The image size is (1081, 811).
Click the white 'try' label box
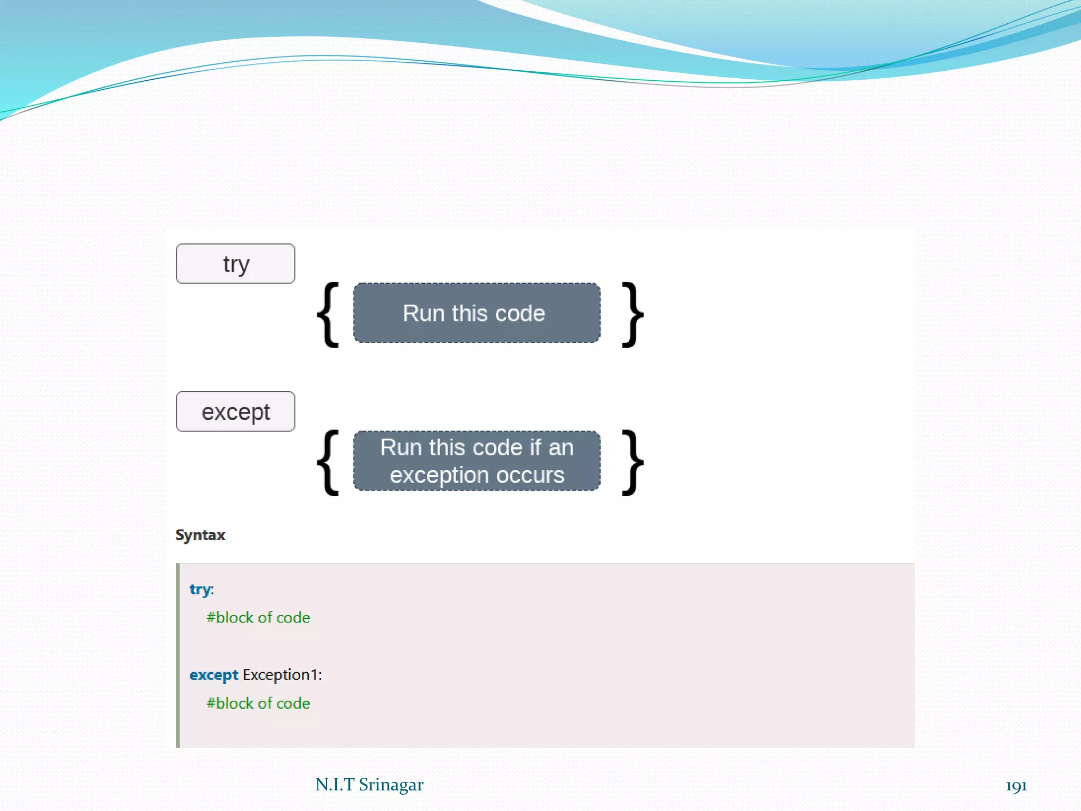tap(235, 263)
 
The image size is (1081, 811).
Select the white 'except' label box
tap(235, 411)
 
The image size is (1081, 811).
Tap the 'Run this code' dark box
tap(476, 313)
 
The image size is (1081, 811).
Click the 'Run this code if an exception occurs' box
tap(476, 461)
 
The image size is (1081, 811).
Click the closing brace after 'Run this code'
tap(632, 315)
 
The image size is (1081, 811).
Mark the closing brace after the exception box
tap(632, 463)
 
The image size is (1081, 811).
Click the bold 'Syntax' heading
tap(200, 535)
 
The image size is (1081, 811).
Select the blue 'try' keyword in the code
tap(200, 589)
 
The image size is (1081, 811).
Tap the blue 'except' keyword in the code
tap(214, 675)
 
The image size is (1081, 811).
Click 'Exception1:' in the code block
tap(282, 675)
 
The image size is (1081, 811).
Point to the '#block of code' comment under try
tap(258, 617)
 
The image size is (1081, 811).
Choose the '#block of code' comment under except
tap(258, 703)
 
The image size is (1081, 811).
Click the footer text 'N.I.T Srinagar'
tap(369, 785)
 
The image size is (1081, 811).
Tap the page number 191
tap(1016, 786)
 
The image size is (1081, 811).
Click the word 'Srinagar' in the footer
tap(391, 785)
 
